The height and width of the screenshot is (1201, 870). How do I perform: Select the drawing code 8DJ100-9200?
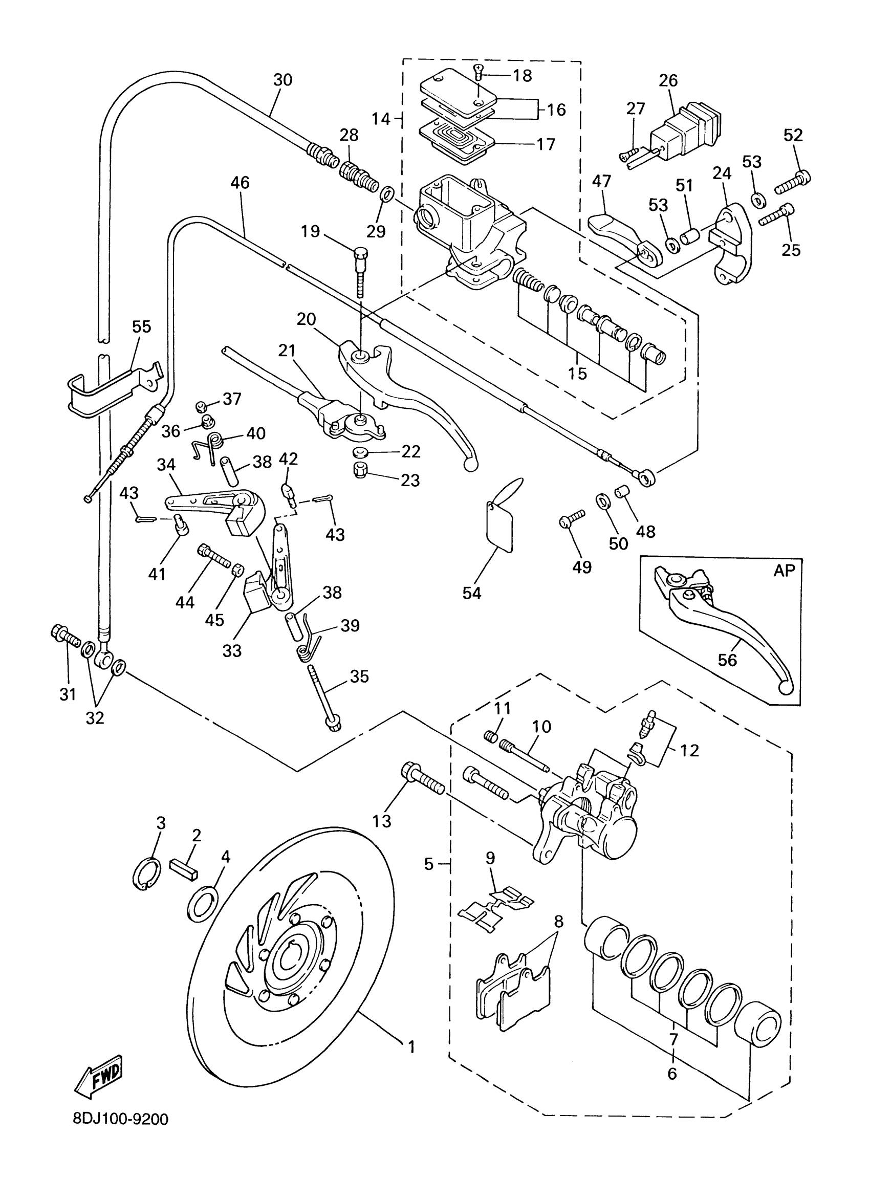click(x=121, y=1134)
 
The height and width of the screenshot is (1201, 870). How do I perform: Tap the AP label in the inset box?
click(x=784, y=571)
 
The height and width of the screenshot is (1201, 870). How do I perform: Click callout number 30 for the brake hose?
click(x=283, y=80)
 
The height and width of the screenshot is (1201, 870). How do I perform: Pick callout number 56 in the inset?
click(x=727, y=660)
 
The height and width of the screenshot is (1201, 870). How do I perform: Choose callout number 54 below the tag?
click(x=471, y=593)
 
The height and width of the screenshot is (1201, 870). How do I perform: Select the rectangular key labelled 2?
click(x=184, y=867)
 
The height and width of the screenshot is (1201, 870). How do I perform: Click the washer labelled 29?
click(x=387, y=194)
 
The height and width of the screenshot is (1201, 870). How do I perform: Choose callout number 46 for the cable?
click(x=240, y=183)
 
